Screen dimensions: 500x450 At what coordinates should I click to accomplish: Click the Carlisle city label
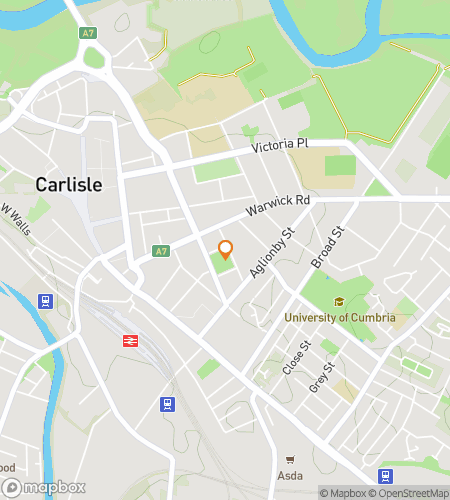(x=68, y=185)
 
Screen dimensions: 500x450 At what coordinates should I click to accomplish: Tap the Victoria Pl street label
(x=280, y=145)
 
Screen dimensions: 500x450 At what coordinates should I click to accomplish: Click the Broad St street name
(x=326, y=246)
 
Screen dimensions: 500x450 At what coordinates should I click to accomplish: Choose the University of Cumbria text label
(x=340, y=318)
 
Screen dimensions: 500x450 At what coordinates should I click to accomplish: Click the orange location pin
(x=226, y=250)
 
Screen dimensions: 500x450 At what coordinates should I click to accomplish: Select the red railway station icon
(x=130, y=340)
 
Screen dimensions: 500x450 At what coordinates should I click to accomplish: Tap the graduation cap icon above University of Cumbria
(x=340, y=302)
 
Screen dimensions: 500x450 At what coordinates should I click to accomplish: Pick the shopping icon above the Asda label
(x=290, y=461)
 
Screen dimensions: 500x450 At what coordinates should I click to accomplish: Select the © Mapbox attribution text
(x=343, y=492)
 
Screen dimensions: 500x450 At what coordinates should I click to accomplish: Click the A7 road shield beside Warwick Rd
(x=159, y=250)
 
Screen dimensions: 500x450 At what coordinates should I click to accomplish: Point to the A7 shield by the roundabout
(x=87, y=33)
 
